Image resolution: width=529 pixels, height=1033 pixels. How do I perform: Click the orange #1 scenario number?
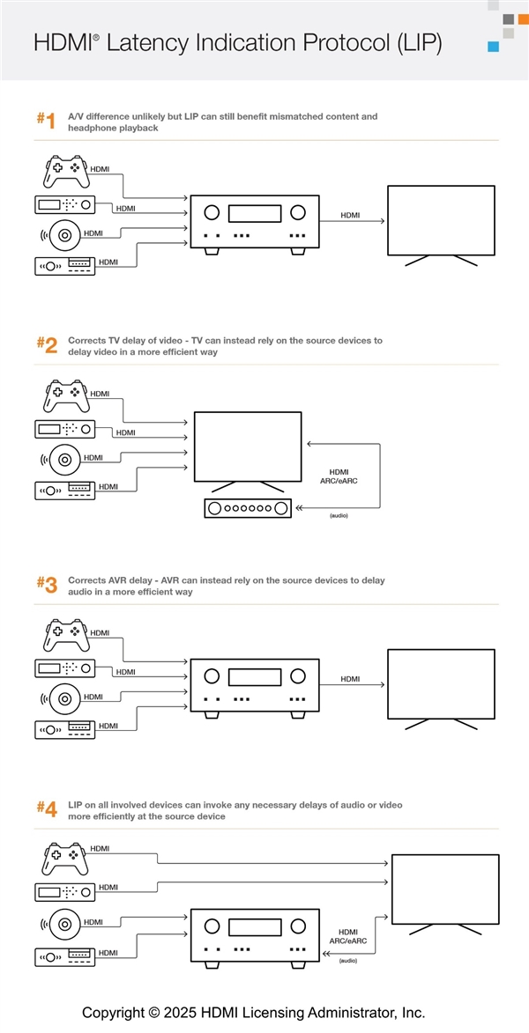coord(46,122)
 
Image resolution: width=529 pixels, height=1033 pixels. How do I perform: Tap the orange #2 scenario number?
coord(47,345)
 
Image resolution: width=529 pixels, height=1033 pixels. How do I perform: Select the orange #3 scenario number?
coord(47,585)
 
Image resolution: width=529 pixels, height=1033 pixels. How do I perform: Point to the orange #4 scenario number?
coord(47,808)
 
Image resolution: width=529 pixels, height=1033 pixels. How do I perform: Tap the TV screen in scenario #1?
coord(441,220)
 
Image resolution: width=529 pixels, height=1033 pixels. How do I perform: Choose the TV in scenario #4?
coord(444,889)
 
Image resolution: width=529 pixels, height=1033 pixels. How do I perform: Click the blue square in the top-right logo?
coord(494,47)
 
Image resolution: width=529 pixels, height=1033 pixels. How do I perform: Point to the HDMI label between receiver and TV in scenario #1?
coord(350,214)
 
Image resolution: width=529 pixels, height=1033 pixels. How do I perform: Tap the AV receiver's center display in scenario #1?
coord(254,213)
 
